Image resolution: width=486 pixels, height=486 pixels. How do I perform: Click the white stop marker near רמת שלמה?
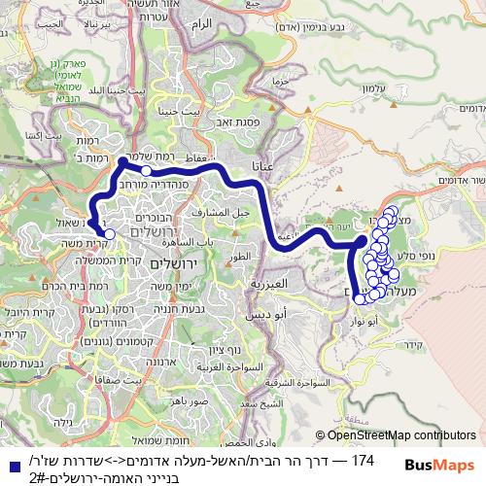point(146,170)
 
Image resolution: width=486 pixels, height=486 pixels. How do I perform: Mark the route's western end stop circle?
point(109,233)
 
